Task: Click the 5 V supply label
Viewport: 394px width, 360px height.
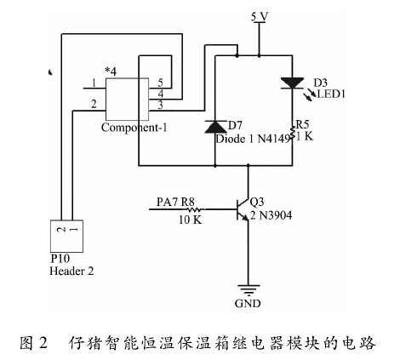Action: (x=260, y=17)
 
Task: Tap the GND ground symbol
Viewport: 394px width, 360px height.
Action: (x=248, y=290)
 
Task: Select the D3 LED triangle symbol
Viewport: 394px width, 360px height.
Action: (x=292, y=83)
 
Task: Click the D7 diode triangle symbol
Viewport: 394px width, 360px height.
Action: (x=215, y=127)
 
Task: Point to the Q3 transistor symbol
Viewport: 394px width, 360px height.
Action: (x=243, y=210)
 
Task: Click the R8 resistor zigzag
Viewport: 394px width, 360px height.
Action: (x=194, y=209)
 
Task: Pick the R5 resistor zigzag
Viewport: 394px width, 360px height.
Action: (x=292, y=133)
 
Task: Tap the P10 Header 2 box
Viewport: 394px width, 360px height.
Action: (x=66, y=236)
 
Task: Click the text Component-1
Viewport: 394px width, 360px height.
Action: (x=134, y=128)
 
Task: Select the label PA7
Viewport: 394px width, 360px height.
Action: (x=168, y=202)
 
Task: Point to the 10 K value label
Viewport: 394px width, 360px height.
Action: (x=190, y=220)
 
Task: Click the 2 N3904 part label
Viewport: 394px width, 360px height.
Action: (x=271, y=215)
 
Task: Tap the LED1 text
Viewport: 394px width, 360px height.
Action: (x=331, y=94)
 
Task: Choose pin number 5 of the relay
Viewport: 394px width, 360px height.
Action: (x=160, y=83)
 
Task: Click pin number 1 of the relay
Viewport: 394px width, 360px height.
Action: (x=94, y=83)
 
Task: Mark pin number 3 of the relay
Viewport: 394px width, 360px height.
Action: (x=161, y=105)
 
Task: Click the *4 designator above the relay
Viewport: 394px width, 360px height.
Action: (x=111, y=71)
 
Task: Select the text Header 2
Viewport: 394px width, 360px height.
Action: (x=71, y=271)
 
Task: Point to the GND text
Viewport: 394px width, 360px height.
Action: (x=248, y=303)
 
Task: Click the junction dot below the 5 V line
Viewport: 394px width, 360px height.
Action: (x=260, y=55)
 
